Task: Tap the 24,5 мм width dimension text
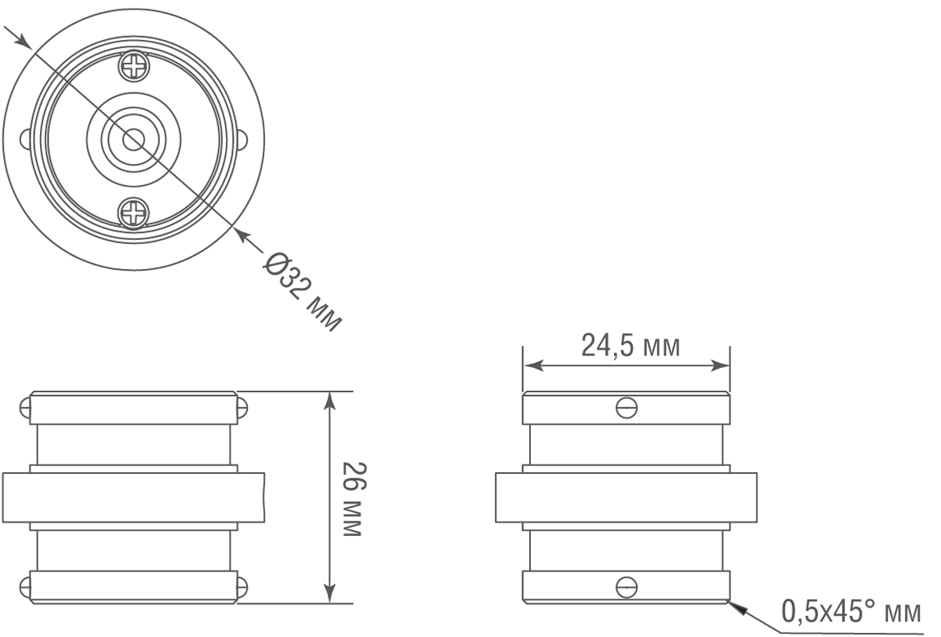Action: (x=630, y=345)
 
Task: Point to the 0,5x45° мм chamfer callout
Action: (x=850, y=610)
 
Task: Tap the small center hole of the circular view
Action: (x=133, y=140)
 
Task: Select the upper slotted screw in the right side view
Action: (x=626, y=408)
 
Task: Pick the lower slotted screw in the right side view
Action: (x=626, y=585)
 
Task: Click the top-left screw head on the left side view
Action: (x=26, y=408)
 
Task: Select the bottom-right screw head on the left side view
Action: (x=242, y=585)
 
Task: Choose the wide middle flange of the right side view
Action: (x=626, y=497)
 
